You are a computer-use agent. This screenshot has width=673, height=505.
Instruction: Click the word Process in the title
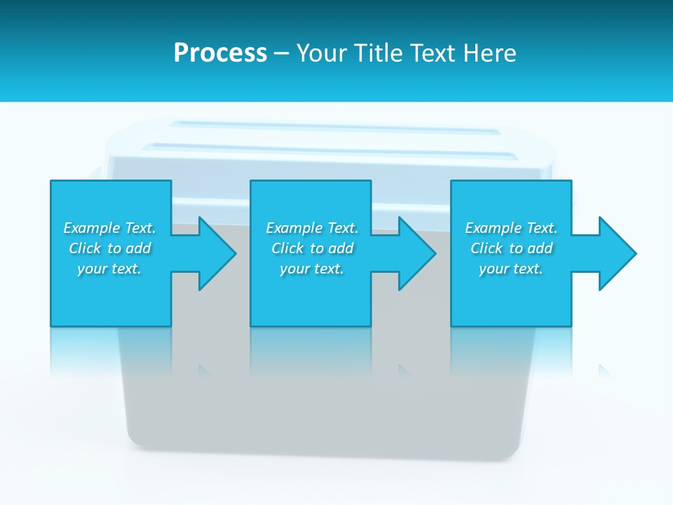point(220,53)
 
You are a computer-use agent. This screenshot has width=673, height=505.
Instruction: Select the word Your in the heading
point(323,53)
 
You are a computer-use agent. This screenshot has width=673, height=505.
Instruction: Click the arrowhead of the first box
point(217,253)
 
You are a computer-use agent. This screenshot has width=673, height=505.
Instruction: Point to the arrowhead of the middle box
point(416,253)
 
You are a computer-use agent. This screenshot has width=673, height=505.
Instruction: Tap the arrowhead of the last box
point(617,253)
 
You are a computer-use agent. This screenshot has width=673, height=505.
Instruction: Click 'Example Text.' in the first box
point(109,228)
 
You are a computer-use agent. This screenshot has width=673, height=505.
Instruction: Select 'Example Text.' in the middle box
point(312,228)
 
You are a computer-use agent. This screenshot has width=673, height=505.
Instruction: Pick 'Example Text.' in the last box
point(511,228)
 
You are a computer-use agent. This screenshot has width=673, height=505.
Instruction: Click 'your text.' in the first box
point(109,269)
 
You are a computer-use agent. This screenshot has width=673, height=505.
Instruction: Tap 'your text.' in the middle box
point(312,269)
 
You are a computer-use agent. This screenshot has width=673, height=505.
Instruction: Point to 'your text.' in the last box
point(511,269)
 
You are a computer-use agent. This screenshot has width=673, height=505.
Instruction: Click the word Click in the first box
point(85,248)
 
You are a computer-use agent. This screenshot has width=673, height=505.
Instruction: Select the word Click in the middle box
point(287,248)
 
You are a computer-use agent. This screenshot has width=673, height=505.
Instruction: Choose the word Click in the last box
point(487,248)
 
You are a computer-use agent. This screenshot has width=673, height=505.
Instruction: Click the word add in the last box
point(541,248)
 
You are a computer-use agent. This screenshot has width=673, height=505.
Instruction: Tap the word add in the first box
point(139,248)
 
